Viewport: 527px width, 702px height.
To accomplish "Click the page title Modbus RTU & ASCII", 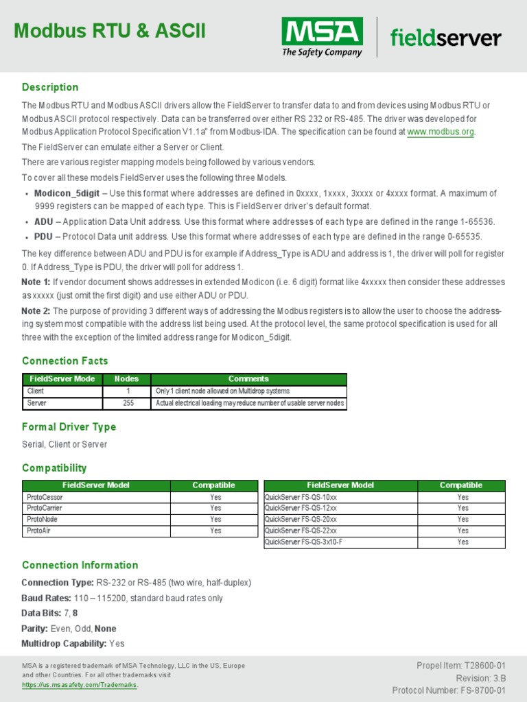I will (110, 32).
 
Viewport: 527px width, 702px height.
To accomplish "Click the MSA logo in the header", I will (322, 37).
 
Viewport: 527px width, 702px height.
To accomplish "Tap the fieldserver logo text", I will (445, 38).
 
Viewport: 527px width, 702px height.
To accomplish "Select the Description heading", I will (50, 87).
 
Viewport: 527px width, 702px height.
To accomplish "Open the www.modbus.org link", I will (441, 132).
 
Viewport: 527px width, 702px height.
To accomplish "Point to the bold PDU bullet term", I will (43, 237).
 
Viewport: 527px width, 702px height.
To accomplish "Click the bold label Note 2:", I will (36, 311).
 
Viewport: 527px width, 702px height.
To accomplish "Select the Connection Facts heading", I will (65, 361).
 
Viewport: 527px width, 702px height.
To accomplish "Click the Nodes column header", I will (126, 378).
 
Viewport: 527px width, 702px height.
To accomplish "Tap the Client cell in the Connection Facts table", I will (36, 391).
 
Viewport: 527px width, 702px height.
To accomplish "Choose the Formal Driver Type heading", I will (69, 426).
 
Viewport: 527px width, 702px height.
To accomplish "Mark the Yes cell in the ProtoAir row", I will (215, 531).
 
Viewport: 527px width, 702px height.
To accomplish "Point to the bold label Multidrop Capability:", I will (64, 643).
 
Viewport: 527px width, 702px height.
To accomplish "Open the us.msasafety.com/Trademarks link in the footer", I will (80, 685).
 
